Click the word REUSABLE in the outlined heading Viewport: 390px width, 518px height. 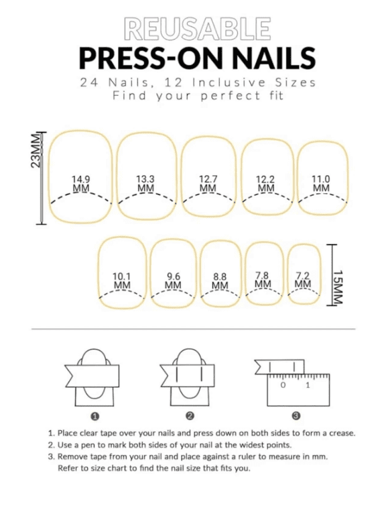coord(197,29)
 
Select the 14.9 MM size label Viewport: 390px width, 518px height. coord(81,184)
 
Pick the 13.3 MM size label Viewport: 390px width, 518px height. coord(145,184)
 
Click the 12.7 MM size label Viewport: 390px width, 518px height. coord(208,184)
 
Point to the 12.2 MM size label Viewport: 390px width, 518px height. coord(265,184)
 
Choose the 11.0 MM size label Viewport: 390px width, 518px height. coord(321,184)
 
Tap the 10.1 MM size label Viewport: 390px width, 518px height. coord(122,280)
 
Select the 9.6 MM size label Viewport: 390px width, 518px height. coord(173,280)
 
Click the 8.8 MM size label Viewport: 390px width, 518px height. coord(220,280)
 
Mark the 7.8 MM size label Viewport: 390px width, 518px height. coord(263,280)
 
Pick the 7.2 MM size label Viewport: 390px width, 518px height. coord(303,280)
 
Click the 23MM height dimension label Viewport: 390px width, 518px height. coord(36,150)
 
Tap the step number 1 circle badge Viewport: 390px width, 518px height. coord(94,417)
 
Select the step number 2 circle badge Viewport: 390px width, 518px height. coord(190,416)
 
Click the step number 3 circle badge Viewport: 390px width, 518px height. coord(296,416)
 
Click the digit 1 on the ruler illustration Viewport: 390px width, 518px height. coord(308,385)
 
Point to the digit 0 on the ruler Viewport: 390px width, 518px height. coord(283,385)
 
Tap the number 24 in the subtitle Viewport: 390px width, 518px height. coord(89,83)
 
